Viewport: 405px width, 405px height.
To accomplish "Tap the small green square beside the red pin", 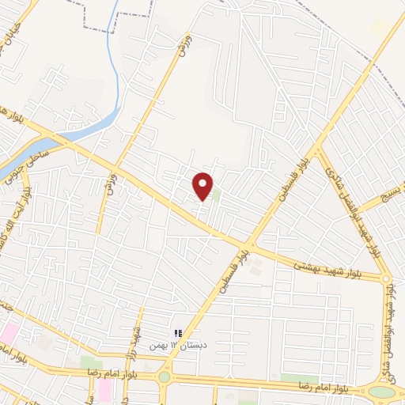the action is point(215,194).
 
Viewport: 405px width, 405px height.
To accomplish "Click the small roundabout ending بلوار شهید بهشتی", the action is point(386,278).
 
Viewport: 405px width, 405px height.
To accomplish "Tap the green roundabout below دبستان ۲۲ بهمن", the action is point(164,377).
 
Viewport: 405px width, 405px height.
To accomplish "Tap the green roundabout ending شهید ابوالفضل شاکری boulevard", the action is point(380,391).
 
